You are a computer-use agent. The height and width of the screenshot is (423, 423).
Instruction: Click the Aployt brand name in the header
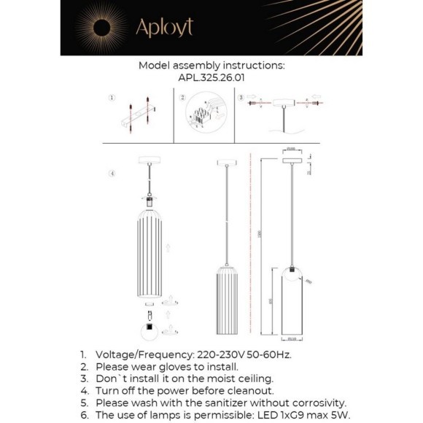point(164,28)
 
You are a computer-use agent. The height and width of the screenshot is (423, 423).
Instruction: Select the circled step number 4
point(112,174)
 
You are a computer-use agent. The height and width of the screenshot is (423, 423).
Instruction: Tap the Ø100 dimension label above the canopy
point(290,149)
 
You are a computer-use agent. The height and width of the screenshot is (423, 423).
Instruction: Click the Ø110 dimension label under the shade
point(290,338)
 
